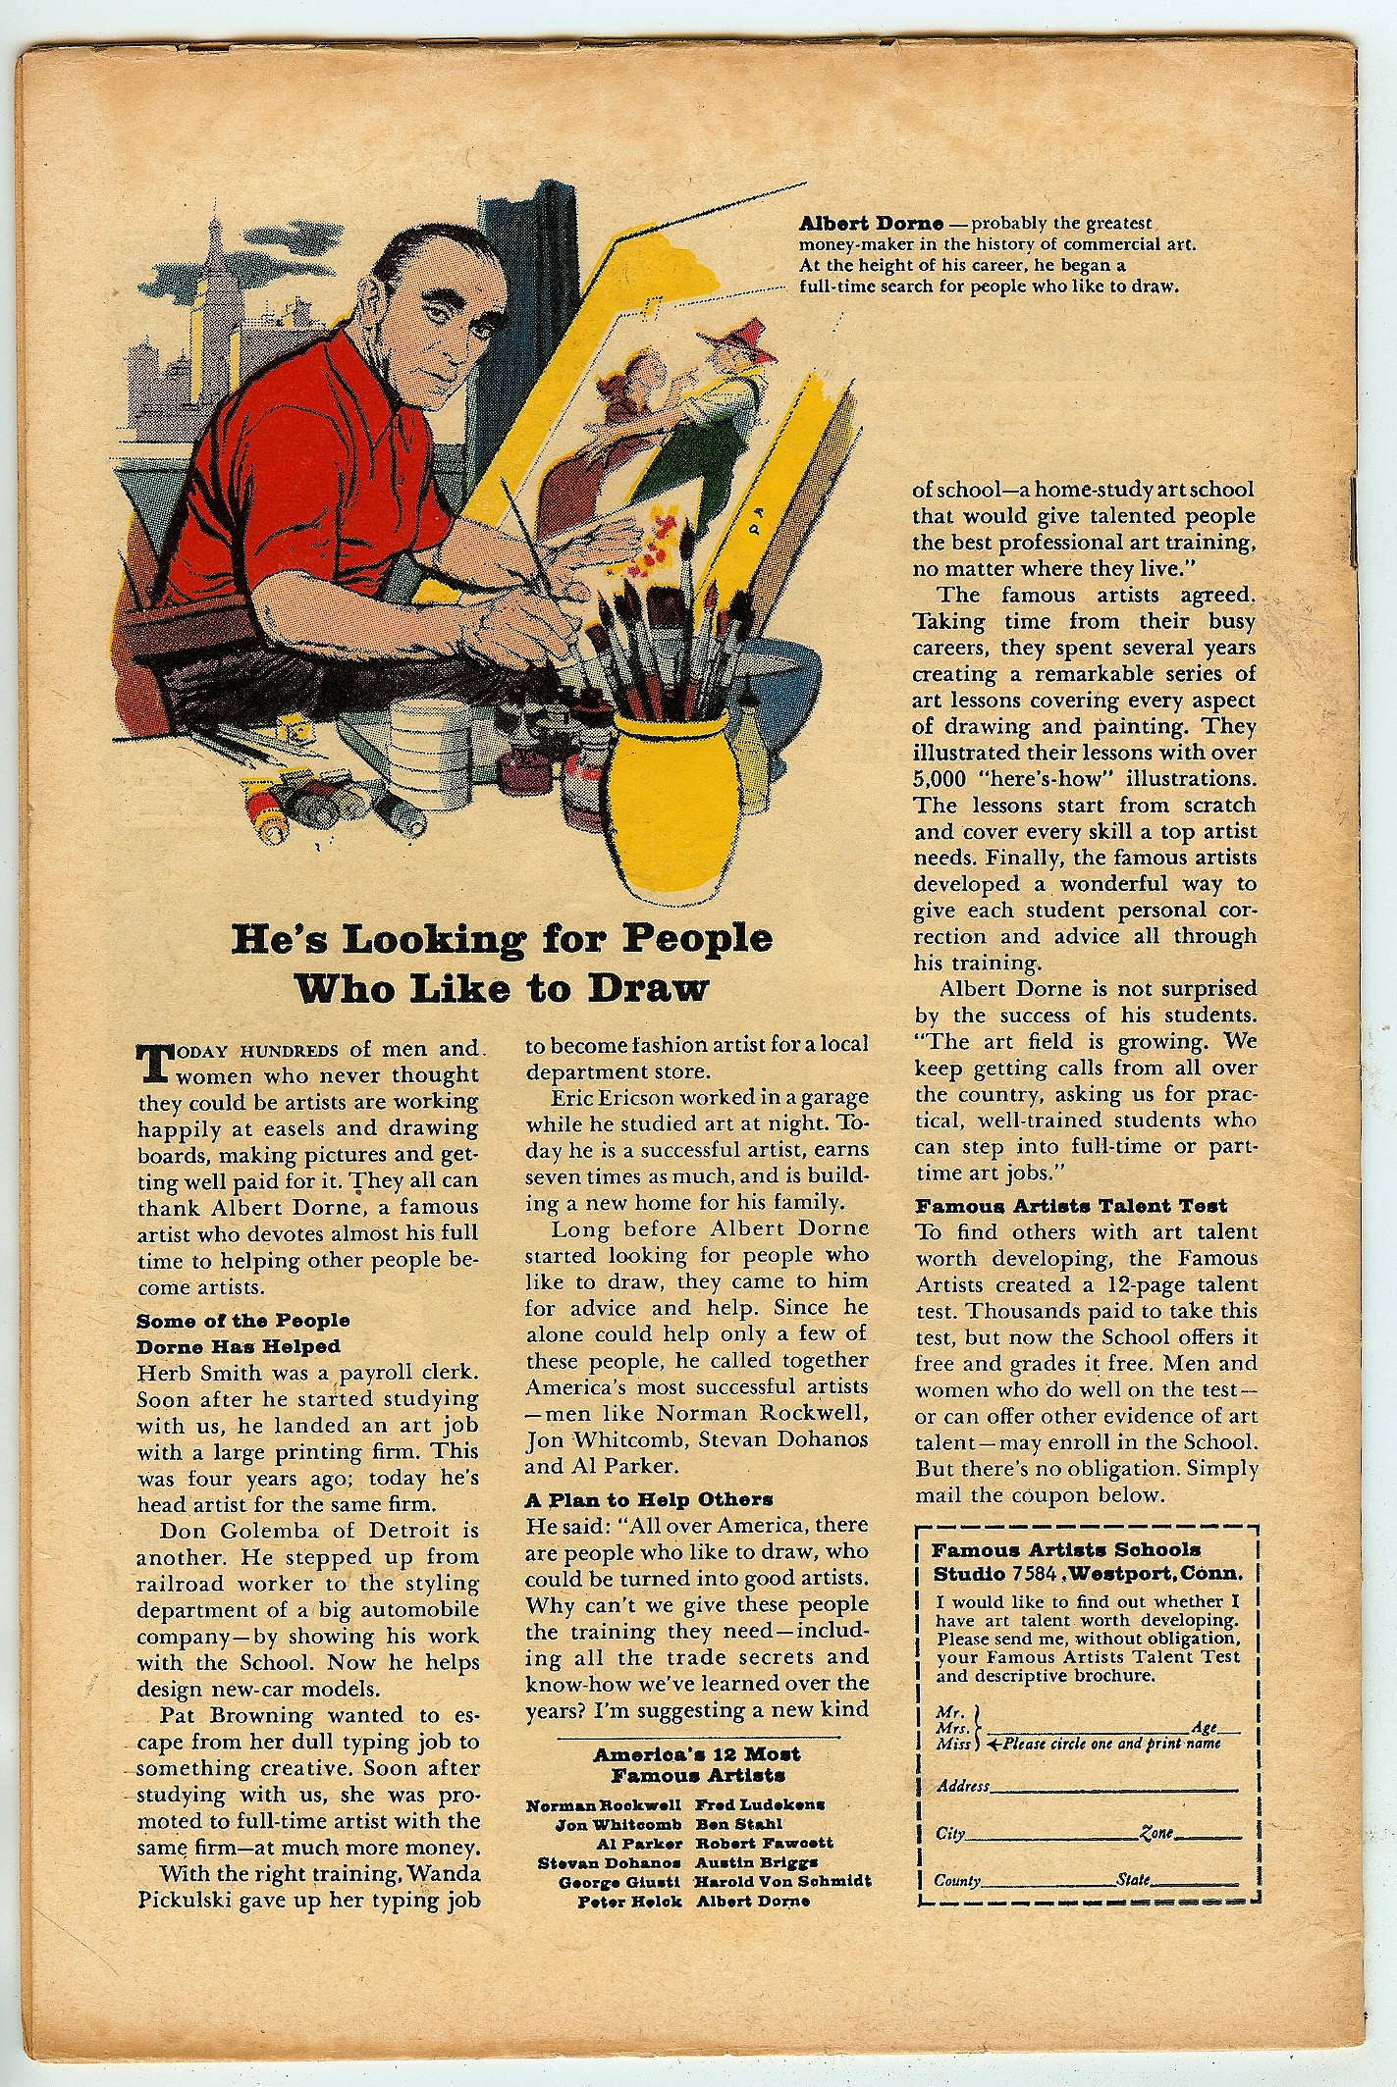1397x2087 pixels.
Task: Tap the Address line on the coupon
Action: tap(1080, 1786)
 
